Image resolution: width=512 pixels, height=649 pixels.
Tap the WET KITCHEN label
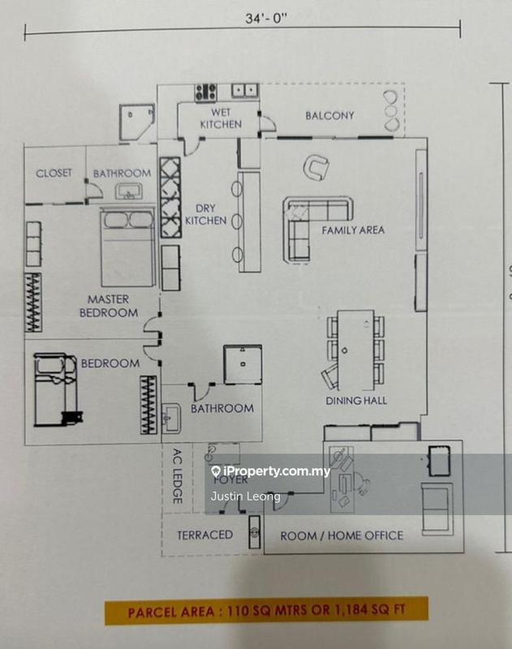click(x=222, y=118)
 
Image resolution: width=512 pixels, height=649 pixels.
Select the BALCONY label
click(x=329, y=115)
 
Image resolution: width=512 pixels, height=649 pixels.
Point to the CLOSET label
click(x=54, y=173)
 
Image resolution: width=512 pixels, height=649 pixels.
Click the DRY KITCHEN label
click(x=204, y=214)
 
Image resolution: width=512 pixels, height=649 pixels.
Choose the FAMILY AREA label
click(x=353, y=230)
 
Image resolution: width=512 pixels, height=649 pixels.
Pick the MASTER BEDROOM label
click(x=109, y=306)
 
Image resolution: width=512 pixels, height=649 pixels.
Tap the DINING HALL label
click(x=356, y=400)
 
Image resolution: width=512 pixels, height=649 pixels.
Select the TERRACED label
click(x=204, y=535)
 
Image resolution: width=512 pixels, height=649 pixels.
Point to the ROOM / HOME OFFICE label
click(x=342, y=535)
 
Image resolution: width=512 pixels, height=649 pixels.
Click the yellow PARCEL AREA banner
click(x=265, y=610)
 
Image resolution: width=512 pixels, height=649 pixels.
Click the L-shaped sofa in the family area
click(x=308, y=223)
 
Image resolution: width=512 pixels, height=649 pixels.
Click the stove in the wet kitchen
click(x=204, y=91)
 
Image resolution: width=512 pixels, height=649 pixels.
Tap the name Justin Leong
click(x=245, y=496)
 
